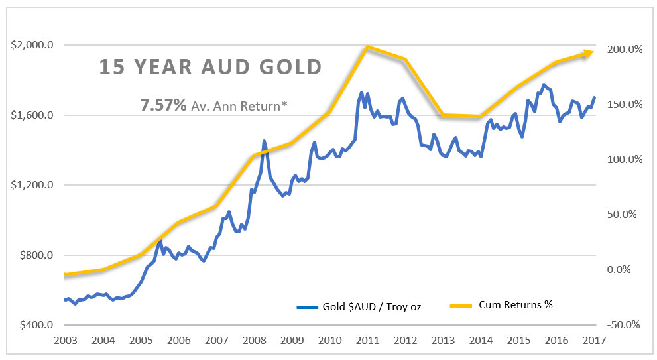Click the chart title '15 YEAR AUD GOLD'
211,68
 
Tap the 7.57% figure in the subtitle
163,104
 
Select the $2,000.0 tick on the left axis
32,45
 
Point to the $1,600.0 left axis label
32,115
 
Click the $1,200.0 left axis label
32,185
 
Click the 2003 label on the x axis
66,340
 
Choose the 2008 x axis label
254,340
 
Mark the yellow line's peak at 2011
367,47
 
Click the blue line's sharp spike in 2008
264,141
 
